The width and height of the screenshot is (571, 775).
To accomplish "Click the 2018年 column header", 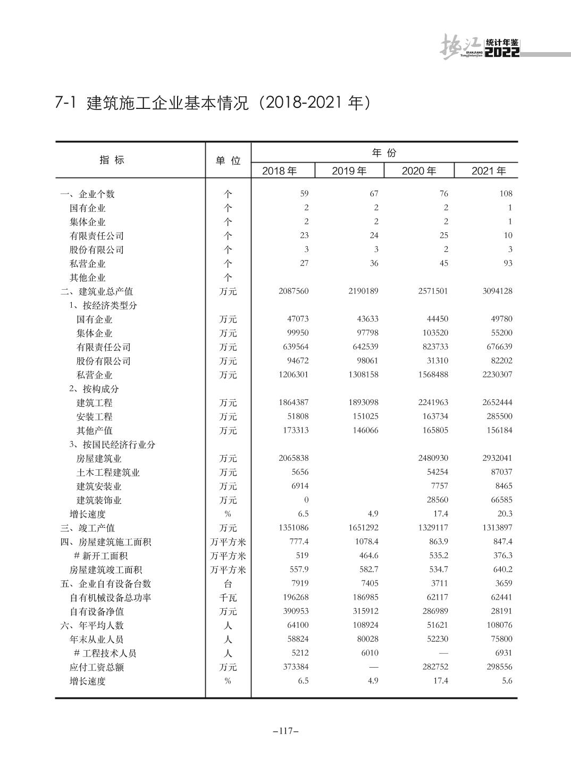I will click(279, 171).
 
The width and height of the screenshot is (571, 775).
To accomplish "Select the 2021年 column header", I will click(488, 171).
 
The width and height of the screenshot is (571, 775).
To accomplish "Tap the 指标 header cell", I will click(112, 160).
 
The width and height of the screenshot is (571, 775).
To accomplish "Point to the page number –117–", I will click(285, 731).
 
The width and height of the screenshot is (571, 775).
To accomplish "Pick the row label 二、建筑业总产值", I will click(96, 291).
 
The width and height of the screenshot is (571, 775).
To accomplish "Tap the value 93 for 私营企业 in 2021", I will click(507, 263).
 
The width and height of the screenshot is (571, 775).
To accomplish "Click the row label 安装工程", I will click(94, 417).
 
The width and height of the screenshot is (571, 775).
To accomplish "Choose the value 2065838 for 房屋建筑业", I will click(293, 458).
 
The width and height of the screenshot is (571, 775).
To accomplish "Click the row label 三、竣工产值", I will click(87, 528).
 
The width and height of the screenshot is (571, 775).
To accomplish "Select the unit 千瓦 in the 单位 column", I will click(228, 597).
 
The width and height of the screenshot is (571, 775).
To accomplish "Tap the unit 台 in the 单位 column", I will click(228, 584).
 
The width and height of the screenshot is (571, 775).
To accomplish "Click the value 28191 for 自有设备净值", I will click(501, 611).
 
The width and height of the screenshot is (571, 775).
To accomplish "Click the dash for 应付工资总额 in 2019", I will click(373, 667).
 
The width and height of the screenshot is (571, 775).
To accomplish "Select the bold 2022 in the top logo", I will click(502, 52).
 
